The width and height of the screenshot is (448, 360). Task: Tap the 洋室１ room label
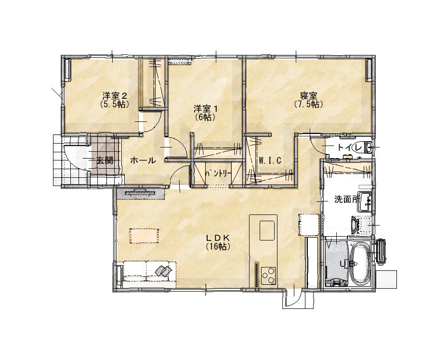pos(206,108)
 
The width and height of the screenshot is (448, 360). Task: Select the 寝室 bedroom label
pos(309,95)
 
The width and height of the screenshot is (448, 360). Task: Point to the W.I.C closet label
pos(270,160)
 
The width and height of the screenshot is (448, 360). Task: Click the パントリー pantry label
pos(219,173)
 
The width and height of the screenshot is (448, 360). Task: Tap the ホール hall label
pos(143,160)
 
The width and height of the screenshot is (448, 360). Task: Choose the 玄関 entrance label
pos(105,160)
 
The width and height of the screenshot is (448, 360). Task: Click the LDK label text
pos(218,238)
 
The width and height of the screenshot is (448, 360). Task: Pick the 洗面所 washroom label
pos(347,200)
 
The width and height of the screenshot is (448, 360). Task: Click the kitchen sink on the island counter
pos(267,230)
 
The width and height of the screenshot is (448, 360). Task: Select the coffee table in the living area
pos(145,236)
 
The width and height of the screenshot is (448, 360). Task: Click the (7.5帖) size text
pos(309,104)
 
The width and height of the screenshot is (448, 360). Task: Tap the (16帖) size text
pos(218,246)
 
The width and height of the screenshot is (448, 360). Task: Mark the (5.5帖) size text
pos(114,104)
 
